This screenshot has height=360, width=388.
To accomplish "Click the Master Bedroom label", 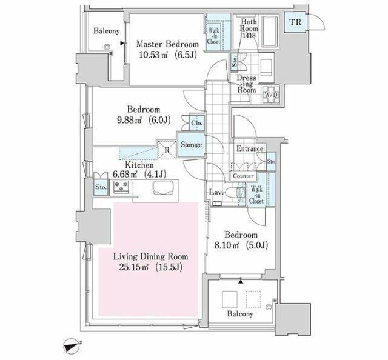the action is [x=167, y=44].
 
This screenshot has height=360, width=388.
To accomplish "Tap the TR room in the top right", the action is [x=295, y=22].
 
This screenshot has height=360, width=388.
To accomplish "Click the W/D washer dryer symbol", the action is [x=271, y=95].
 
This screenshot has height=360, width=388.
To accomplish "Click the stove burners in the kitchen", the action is [x=121, y=187].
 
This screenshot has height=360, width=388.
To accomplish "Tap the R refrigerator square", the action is [x=167, y=149].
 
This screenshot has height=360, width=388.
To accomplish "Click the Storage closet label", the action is [x=191, y=144].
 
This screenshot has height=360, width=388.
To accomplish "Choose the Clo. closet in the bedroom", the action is [x=197, y=123].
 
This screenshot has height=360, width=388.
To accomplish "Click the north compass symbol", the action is [x=72, y=345].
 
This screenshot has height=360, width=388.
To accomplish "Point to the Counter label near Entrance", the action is [x=243, y=176].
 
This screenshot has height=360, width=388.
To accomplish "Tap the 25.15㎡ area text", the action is [x=133, y=267].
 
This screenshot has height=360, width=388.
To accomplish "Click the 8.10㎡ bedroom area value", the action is [x=226, y=245].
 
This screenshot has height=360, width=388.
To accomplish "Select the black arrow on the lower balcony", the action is [x=241, y=282].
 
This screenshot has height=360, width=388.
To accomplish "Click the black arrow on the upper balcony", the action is [x=122, y=43].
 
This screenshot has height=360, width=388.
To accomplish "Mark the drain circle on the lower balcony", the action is [x=268, y=307].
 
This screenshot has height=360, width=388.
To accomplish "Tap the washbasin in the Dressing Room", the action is [x=267, y=67].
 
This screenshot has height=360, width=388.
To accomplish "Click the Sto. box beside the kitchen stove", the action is [x=101, y=187].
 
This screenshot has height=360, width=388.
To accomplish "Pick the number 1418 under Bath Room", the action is [x=249, y=35].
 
